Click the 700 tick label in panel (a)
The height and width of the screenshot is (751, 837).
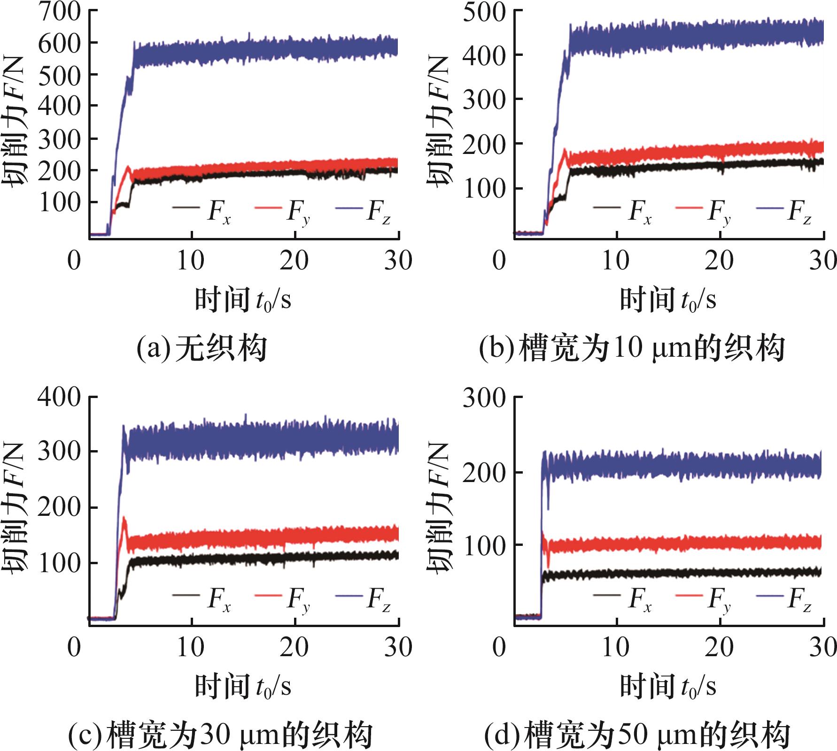click(60, 12)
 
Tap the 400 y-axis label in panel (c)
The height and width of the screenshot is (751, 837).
click(60, 397)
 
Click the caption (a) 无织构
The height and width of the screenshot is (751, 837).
click(201, 348)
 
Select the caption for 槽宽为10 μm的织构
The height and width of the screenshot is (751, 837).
click(632, 348)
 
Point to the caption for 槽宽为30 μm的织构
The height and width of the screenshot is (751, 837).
click(220, 735)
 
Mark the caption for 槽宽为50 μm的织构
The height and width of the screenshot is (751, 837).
click(636, 735)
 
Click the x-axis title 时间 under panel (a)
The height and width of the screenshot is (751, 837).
click(222, 299)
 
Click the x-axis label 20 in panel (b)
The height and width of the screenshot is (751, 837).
click(719, 261)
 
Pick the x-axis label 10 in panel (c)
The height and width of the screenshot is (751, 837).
click(190, 647)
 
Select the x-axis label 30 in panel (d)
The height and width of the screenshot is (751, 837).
click(822, 647)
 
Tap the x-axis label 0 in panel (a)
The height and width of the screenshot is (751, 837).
click(74, 261)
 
